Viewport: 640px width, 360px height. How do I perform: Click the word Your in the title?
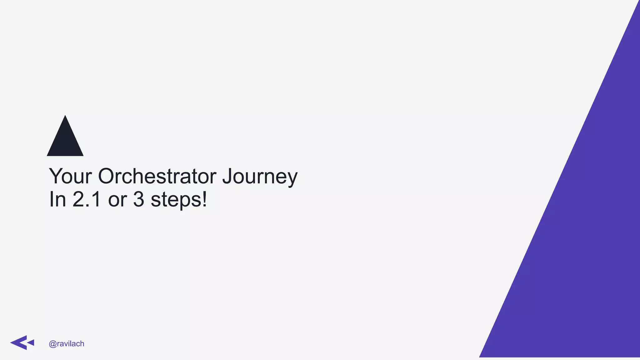(70, 176)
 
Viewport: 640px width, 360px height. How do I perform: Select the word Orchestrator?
(157, 176)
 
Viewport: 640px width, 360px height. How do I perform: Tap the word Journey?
(260, 177)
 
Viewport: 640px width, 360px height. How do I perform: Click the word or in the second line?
(117, 200)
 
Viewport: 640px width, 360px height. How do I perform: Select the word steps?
(176, 200)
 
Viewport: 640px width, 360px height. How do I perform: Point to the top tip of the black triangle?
(65, 116)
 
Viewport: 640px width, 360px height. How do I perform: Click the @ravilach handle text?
(67, 344)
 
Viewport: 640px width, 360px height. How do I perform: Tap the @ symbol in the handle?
(52, 344)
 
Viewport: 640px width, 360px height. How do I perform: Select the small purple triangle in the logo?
(31, 342)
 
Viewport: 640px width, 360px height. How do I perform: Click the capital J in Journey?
(227, 176)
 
